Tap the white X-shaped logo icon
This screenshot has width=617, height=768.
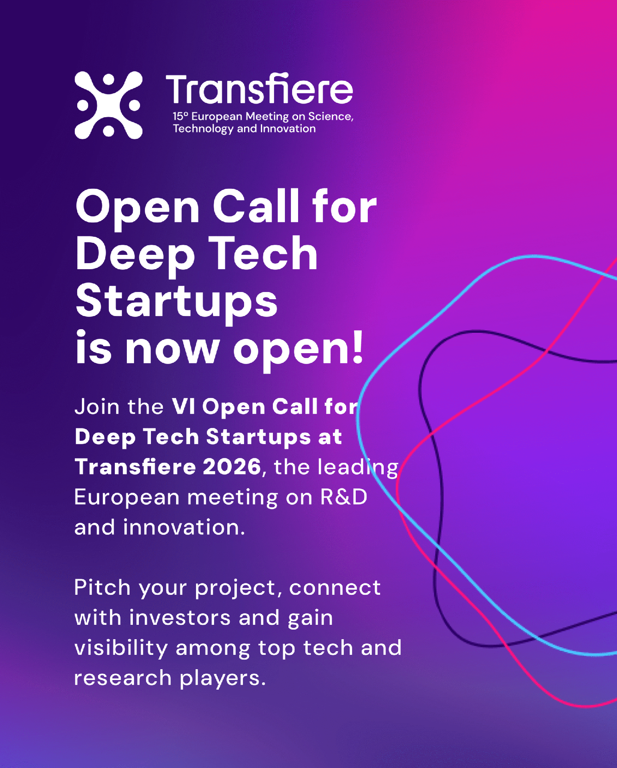click(x=108, y=105)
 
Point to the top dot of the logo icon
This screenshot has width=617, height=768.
click(x=108, y=79)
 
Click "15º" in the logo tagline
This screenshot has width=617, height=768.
click(x=180, y=116)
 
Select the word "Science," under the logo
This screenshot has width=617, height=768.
click(x=331, y=116)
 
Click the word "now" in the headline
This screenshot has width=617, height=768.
click(x=172, y=350)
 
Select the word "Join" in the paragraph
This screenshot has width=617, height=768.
click(x=97, y=406)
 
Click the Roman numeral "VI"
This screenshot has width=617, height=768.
click(x=183, y=406)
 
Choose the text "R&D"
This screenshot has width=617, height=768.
click(x=344, y=497)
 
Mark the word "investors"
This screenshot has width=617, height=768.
click(x=180, y=618)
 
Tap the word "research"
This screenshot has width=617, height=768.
click(x=123, y=678)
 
